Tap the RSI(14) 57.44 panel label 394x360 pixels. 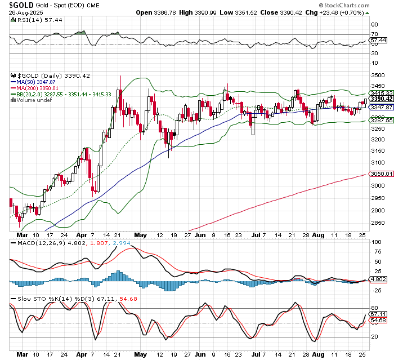pyautogui.click(x=30, y=19)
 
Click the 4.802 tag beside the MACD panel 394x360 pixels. pyautogui.click(x=378, y=279)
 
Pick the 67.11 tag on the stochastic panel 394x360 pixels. pyautogui.click(x=378, y=314)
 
